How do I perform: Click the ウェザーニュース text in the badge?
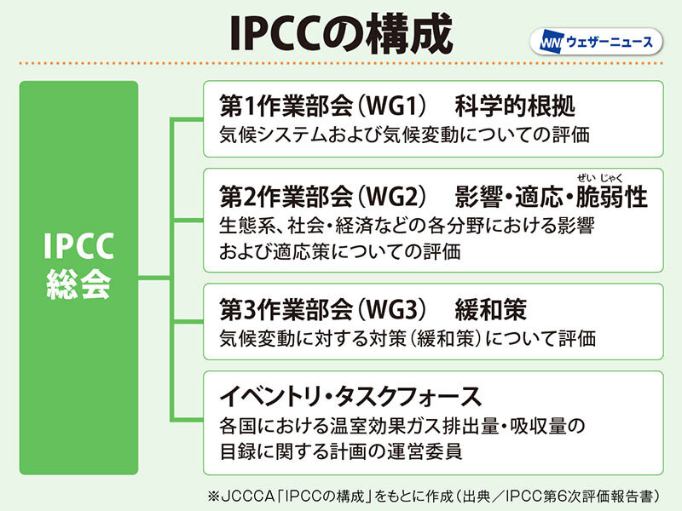point(610,42)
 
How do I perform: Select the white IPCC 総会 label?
point(78,265)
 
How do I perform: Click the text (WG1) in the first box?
point(391,106)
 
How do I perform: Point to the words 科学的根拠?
point(515,106)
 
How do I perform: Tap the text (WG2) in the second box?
point(391,197)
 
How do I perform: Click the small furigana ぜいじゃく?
point(600,177)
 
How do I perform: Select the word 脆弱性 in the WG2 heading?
point(612,197)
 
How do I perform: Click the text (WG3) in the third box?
point(391,310)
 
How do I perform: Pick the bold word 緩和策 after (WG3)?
point(491,310)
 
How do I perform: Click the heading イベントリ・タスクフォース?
point(350,396)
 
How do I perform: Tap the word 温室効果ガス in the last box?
point(385,426)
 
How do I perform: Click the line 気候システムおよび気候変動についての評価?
point(404,135)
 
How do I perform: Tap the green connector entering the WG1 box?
point(187,118)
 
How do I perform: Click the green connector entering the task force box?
point(187,419)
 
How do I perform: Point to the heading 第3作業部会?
point(286,310)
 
